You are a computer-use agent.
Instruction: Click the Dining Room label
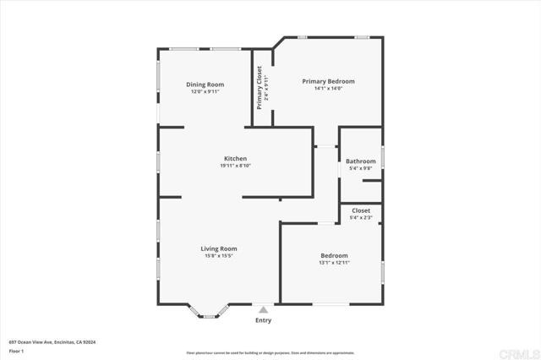click(205, 85)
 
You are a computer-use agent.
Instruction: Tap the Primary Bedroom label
click(328, 81)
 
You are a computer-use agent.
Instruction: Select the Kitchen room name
click(235, 159)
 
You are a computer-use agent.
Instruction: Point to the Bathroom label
click(360, 161)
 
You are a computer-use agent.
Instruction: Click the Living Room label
click(218, 248)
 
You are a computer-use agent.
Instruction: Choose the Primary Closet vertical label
click(260, 88)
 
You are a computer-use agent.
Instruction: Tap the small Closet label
click(361, 210)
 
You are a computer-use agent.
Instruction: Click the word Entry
click(264, 320)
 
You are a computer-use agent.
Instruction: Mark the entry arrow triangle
click(264, 310)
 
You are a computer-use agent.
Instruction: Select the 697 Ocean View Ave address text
click(52, 341)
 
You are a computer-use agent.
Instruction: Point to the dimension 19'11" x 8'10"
click(235, 166)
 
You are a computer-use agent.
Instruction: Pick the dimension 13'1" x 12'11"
click(334, 263)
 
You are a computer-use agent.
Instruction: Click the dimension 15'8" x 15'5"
click(218, 255)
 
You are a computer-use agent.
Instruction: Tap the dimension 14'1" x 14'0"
click(328, 88)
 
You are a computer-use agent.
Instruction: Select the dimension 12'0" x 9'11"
click(205, 91)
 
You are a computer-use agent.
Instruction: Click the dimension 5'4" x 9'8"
click(360, 168)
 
